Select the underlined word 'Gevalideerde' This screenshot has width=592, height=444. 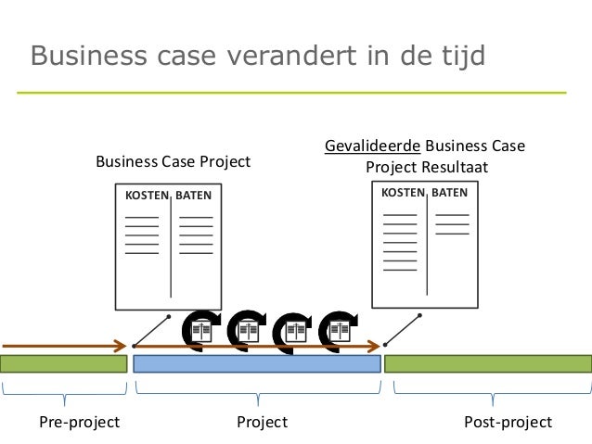[x=372, y=146]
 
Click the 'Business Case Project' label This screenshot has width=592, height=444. [x=174, y=162]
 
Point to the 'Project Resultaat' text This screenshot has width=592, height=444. [x=426, y=168]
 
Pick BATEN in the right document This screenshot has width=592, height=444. [x=449, y=193]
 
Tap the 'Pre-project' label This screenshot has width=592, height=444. [x=79, y=423]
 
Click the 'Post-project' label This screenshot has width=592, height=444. [x=507, y=423]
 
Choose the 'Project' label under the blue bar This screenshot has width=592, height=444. [x=262, y=423]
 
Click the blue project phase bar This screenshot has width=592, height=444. [x=257, y=362]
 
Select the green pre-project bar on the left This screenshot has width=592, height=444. [x=63, y=362]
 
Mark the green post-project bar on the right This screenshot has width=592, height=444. [x=488, y=362]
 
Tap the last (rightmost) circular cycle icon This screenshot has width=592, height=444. [x=340, y=328]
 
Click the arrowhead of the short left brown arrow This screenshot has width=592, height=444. [x=122, y=347]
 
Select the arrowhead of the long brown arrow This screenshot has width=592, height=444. [x=375, y=347]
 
